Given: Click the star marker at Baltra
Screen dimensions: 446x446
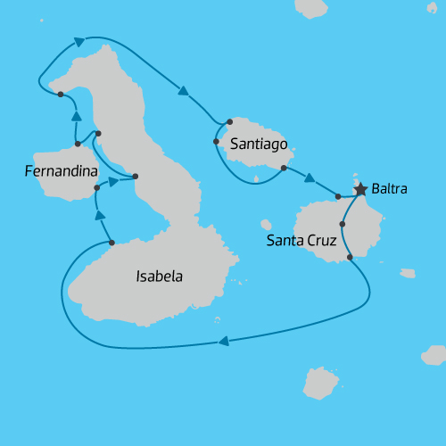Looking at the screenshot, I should click(x=360, y=189).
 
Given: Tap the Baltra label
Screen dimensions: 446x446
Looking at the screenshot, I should click(x=391, y=189).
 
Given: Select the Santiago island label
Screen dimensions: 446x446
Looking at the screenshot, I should click(x=258, y=143).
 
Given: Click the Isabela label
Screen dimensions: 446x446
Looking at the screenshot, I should click(x=159, y=277).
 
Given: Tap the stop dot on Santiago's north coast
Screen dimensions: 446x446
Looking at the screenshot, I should click(x=229, y=121).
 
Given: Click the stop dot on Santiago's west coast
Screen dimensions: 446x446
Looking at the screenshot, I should click(x=217, y=141).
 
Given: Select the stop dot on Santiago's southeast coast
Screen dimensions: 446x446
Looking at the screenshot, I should click(x=284, y=168).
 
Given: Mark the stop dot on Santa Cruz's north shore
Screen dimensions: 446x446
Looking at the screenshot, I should click(x=338, y=196).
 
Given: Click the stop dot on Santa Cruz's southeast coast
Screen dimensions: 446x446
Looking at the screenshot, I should click(x=349, y=257).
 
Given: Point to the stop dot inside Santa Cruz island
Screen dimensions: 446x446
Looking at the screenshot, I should click(x=343, y=224).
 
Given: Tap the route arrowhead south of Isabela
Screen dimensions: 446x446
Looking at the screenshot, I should click(x=223, y=340).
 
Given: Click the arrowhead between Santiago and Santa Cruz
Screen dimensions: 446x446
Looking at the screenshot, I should click(x=310, y=178).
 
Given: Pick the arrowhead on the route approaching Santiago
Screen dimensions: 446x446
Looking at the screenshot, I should click(x=184, y=90).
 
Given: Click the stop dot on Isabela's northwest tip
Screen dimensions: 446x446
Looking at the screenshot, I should click(x=60, y=94).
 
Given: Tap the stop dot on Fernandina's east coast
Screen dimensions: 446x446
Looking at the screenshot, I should click(x=96, y=188).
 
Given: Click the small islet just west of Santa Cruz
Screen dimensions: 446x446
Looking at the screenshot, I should click(x=266, y=225).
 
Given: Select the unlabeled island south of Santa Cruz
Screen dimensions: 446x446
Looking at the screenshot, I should click(x=320, y=383).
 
